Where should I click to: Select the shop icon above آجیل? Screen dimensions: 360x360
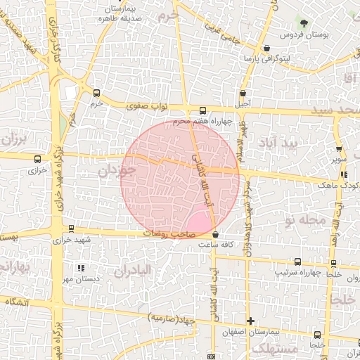tap(243, 93)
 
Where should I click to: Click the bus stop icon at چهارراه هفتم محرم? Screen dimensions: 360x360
tap(203, 110)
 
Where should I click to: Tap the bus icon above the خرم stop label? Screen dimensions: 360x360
tap(96, 93)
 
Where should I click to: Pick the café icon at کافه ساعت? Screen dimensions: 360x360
tap(215, 234)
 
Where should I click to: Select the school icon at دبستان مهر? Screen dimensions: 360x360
tap(81, 268)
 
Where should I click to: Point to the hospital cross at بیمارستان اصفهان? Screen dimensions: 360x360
tap(250, 320)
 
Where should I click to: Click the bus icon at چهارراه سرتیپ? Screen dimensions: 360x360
tap(297, 262)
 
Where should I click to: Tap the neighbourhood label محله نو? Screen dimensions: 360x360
tap(303, 220)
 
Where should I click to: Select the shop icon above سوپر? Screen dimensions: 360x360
tap(340, 149)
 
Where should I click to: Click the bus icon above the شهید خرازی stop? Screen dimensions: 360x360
tap(71, 229)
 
